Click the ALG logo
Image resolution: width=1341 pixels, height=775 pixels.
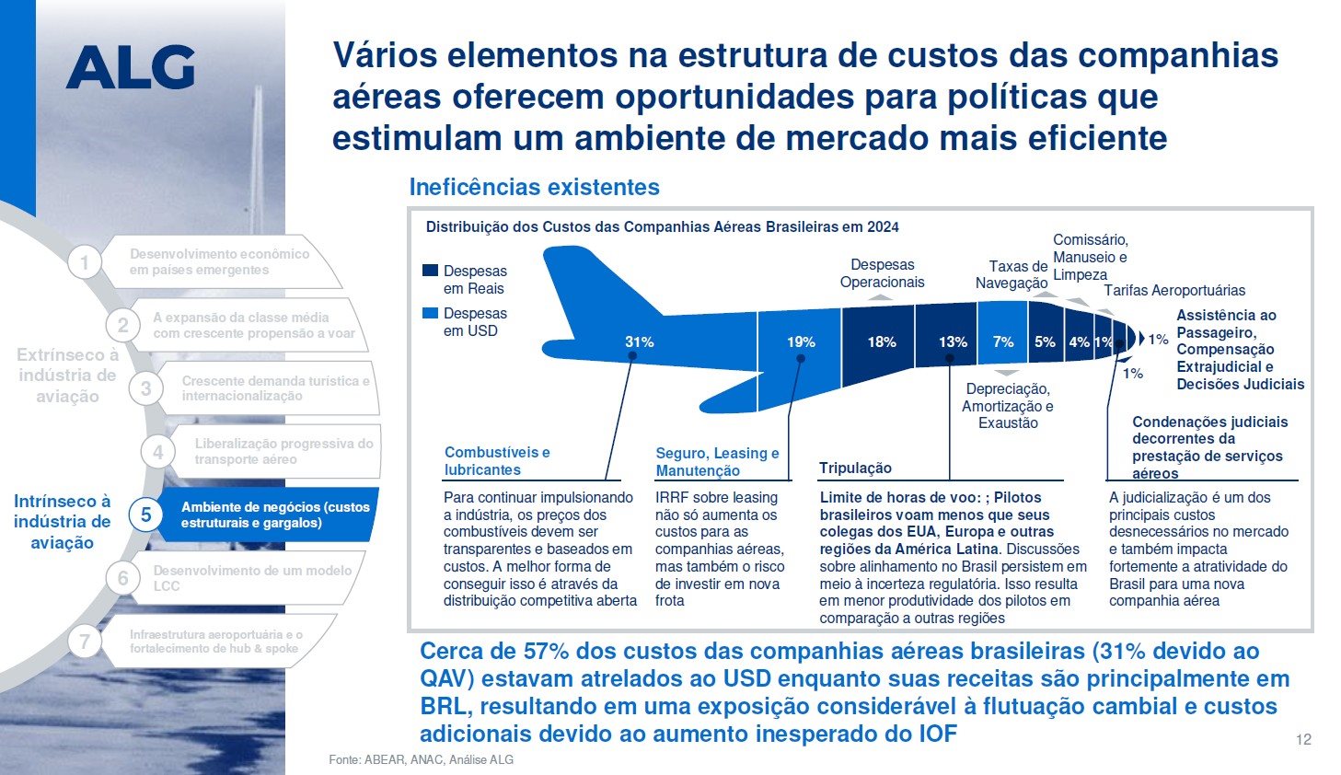pyautogui.click(x=130, y=68)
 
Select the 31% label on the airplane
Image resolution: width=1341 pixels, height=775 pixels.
pyautogui.click(x=639, y=341)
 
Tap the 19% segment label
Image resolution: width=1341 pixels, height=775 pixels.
pyautogui.click(x=801, y=341)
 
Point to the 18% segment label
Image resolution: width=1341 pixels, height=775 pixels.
pyautogui.click(x=881, y=341)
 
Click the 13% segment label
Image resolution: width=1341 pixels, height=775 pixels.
pyautogui.click(x=953, y=341)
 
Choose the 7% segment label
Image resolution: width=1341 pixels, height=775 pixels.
pyautogui.click(x=1003, y=341)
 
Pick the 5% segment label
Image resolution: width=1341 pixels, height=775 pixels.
pyautogui.click(x=1045, y=341)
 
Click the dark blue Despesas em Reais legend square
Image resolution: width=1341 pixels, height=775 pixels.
pyautogui.click(x=430, y=271)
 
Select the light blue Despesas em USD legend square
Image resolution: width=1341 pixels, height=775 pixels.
pyautogui.click(x=430, y=313)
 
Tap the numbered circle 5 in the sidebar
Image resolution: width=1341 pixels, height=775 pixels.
pyautogui.click(x=145, y=515)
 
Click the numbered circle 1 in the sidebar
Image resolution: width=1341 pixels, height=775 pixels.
pyautogui.click(x=85, y=262)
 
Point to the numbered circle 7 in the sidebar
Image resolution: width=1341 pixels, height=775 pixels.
pyautogui.click(x=85, y=642)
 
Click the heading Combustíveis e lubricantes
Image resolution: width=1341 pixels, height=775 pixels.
pyautogui.click(x=497, y=461)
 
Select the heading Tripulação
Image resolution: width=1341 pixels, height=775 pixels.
pyautogui.click(x=855, y=468)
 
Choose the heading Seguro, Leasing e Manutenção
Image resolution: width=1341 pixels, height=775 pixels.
pyautogui.click(x=717, y=462)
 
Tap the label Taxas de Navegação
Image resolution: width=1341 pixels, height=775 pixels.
pyautogui.click(x=1012, y=274)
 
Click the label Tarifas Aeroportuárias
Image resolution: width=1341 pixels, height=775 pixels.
pyautogui.click(x=1174, y=291)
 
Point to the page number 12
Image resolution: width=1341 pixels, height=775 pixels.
pyautogui.click(x=1303, y=739)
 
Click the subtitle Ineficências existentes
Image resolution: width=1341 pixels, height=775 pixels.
pyautogui.click(x=534, y=187)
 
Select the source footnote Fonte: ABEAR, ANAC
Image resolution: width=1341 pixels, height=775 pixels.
pyautogui.click(x=421, y=759)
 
